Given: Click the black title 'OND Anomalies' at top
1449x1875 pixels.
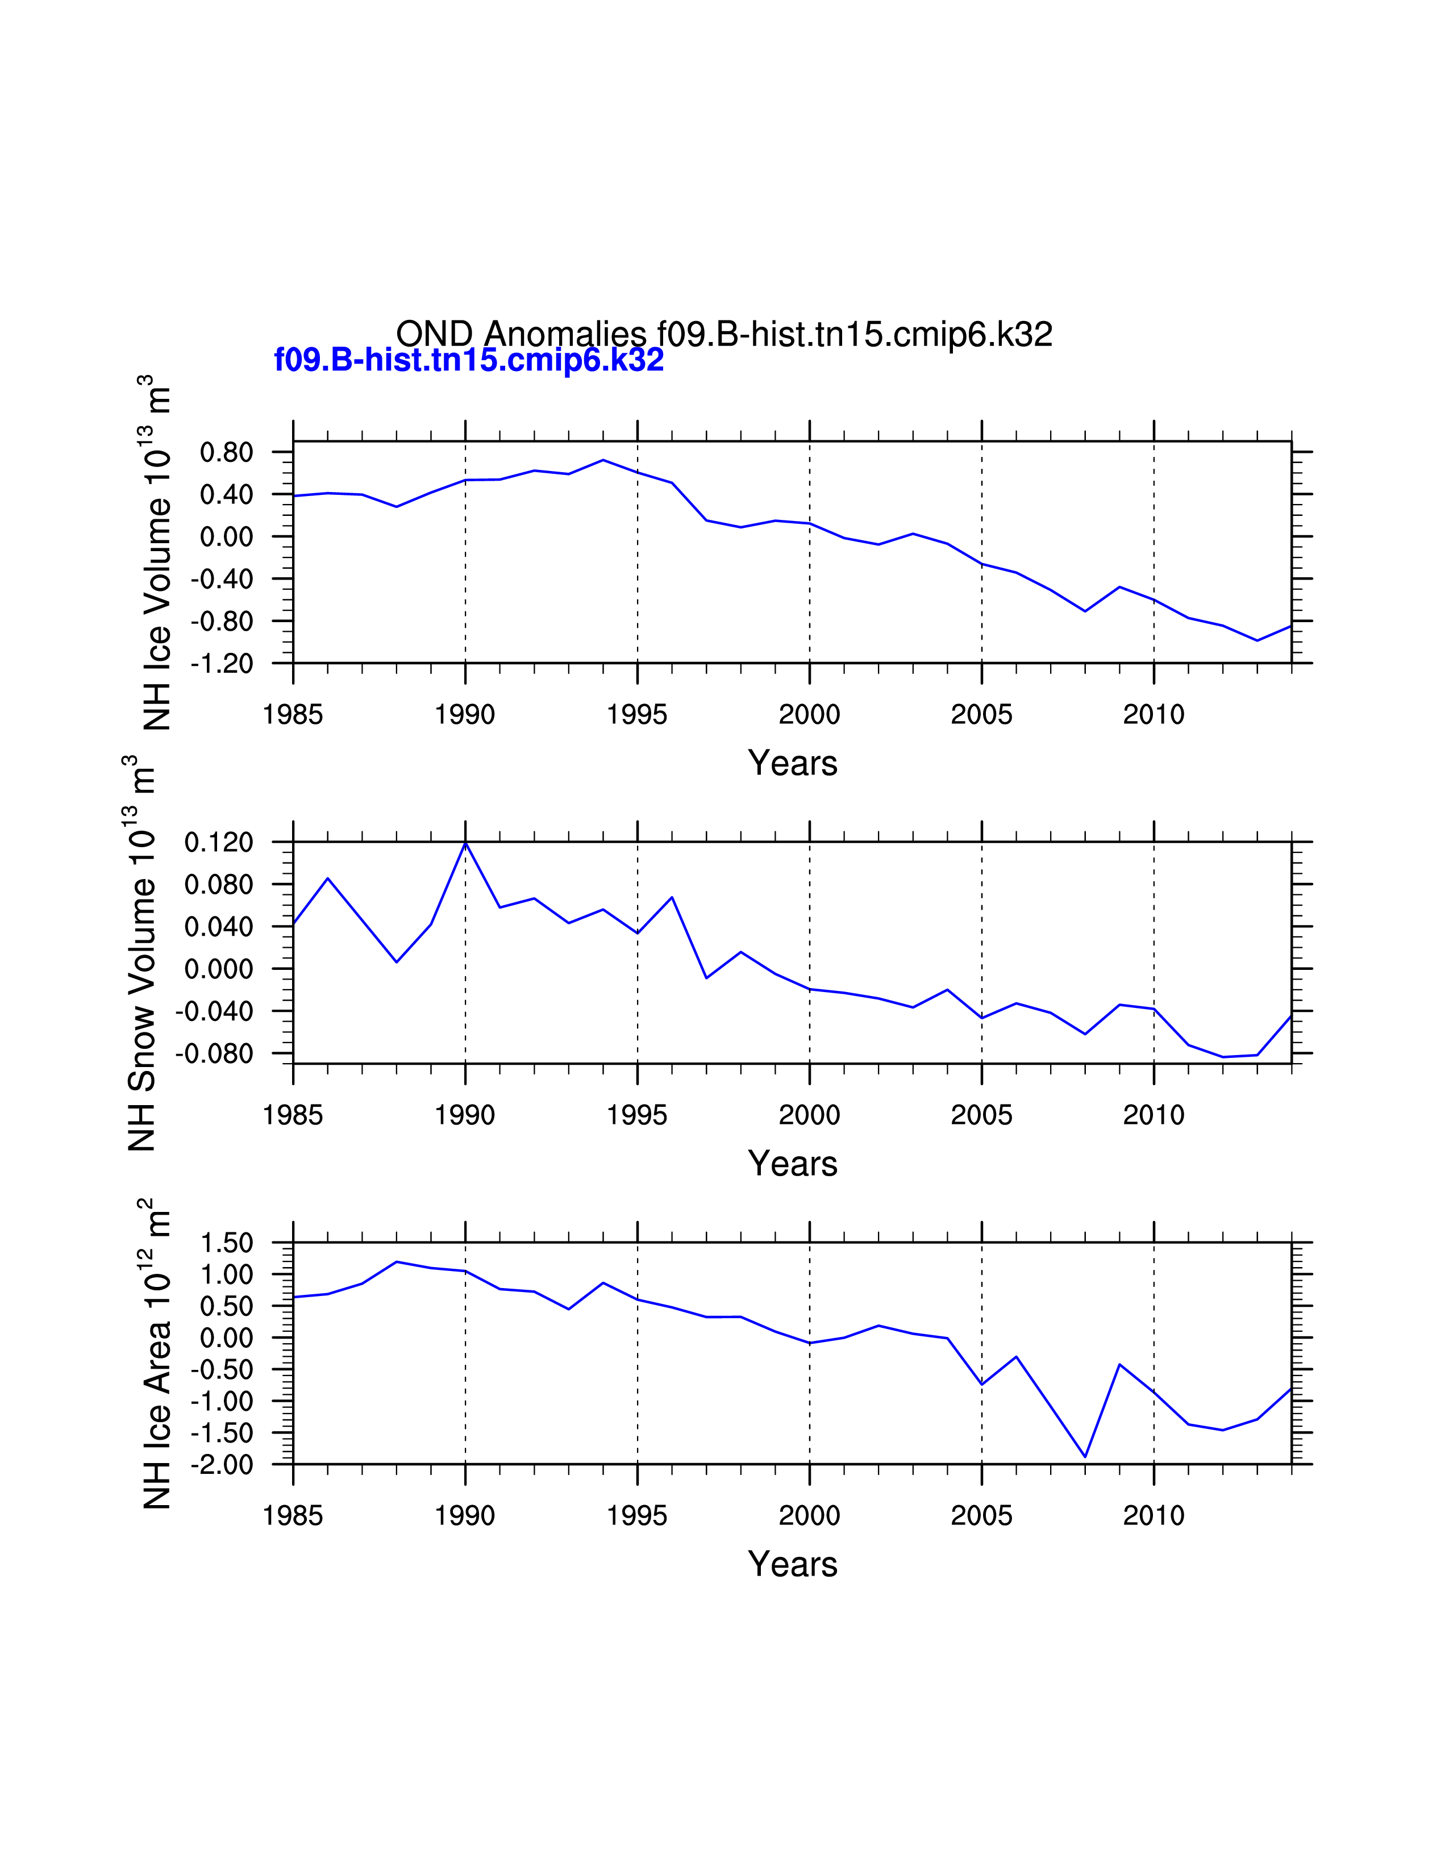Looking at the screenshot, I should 521,334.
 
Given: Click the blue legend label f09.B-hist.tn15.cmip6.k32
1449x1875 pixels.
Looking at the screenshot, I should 469,360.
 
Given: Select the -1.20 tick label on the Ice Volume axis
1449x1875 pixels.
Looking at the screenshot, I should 222,664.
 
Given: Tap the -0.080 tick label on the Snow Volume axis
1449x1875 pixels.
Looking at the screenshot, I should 215,1053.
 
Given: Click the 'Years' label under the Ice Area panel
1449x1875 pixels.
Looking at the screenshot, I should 792,1564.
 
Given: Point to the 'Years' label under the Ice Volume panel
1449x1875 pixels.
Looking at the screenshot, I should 792,763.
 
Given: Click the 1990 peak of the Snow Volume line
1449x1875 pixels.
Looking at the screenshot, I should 465,843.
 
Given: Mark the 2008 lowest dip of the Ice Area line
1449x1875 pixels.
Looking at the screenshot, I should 1085,1456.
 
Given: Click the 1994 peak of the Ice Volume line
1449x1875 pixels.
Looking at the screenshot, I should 603,460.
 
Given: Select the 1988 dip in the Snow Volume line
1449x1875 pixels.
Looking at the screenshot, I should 397,961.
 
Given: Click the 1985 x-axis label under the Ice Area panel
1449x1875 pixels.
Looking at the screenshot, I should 293,1515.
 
